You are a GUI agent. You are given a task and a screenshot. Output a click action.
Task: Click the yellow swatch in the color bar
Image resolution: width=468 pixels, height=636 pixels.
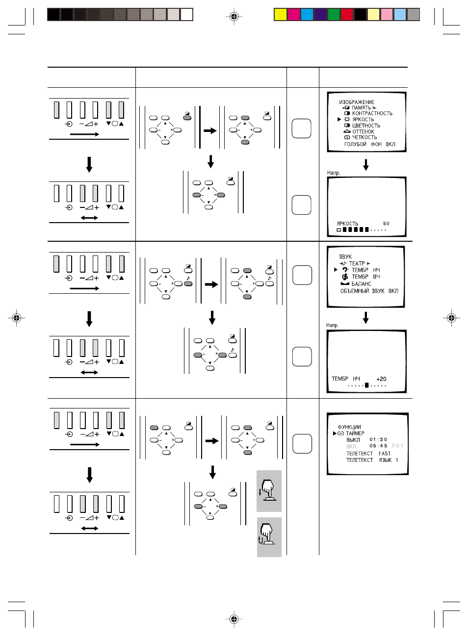[x=280, y=15]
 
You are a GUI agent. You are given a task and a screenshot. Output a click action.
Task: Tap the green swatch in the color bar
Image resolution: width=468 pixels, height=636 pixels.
[x=334, y=15]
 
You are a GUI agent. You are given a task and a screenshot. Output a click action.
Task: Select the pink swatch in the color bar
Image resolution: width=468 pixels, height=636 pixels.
[x=387, y=15]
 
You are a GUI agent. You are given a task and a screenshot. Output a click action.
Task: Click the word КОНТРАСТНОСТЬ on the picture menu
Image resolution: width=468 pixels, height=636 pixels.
[x=372, y=113]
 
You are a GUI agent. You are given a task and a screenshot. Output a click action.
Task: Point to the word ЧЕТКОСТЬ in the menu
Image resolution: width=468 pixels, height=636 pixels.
[x=364, y=137]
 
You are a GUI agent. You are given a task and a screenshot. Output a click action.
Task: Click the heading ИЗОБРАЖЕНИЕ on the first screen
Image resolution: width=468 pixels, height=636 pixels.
[x=356, y=102]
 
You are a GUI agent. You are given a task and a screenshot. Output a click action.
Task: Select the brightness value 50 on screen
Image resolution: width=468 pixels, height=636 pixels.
[x=386, y=224]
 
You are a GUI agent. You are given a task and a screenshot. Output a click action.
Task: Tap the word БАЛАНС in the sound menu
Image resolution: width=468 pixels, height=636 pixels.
[x=361, y=284]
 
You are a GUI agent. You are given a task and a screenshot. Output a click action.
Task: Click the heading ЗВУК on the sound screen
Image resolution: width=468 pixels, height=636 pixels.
[x=345, y=256]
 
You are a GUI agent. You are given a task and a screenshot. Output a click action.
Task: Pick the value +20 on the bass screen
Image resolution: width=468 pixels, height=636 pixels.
[x=381, y=379]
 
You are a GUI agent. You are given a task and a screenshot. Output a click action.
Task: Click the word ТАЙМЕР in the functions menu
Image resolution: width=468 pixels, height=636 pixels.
[x=355, y=433]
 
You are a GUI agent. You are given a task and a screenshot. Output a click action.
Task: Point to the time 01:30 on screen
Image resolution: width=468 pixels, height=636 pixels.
[x=378, y=439]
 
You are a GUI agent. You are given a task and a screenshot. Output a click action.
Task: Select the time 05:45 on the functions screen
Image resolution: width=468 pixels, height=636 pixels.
[x=378, y=446]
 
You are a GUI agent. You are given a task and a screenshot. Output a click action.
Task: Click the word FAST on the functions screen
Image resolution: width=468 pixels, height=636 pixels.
[x=385, y=454]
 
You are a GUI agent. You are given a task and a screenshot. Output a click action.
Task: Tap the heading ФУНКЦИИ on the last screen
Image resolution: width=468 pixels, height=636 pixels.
[x=349, y=427]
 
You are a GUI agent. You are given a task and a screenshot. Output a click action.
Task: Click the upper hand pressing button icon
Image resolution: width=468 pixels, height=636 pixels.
[x=269, y=491]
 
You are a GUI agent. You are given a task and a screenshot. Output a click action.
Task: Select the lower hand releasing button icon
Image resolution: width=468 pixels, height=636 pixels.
[x=269, y=537]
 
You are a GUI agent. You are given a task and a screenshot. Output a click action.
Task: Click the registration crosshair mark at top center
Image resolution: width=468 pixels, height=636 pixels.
[x=234, y=17]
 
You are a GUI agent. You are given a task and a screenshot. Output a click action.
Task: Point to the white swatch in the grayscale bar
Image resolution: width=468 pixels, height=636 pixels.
[x=187, y=15]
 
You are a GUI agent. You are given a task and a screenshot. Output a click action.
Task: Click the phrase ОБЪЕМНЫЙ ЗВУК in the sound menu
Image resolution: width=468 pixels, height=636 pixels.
[x=363, y=291]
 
